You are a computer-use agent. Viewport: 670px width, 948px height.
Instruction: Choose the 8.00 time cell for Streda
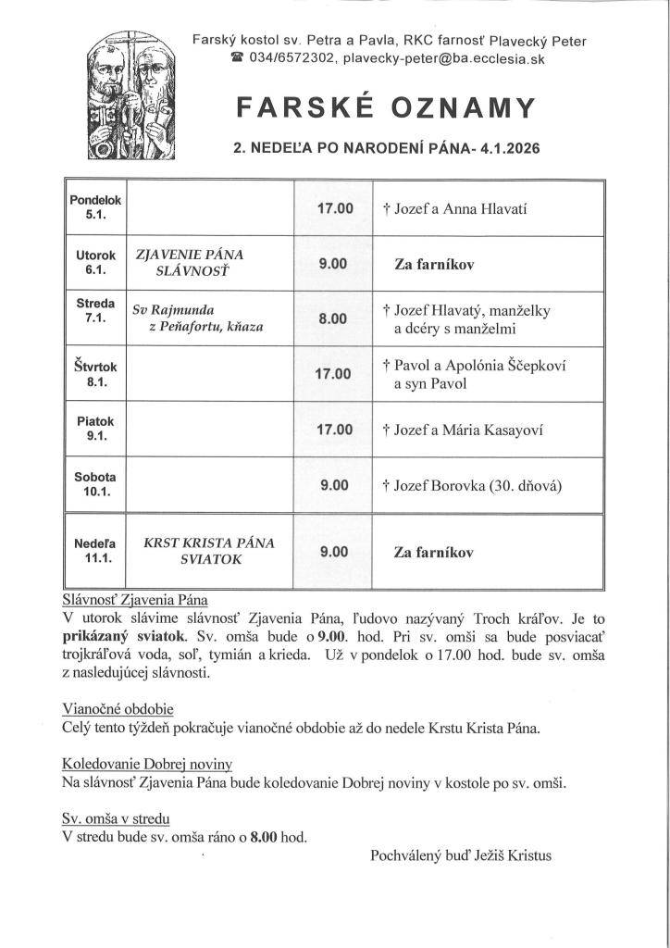click(332, 318)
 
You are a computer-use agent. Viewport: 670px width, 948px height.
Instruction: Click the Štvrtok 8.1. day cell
click(93, 374)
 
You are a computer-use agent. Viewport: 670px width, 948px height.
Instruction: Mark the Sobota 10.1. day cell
click(93, 484)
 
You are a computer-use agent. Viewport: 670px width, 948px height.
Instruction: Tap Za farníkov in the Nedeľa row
click(433, 553)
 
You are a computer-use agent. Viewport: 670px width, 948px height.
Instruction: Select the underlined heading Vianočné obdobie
click(118, 709)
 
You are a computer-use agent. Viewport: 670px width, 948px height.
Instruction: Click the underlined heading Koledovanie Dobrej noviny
click(146, 764)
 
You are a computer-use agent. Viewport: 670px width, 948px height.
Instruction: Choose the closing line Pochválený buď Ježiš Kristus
click(460, 855)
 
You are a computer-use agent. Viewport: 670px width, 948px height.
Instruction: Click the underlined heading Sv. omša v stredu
click(116, 818)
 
